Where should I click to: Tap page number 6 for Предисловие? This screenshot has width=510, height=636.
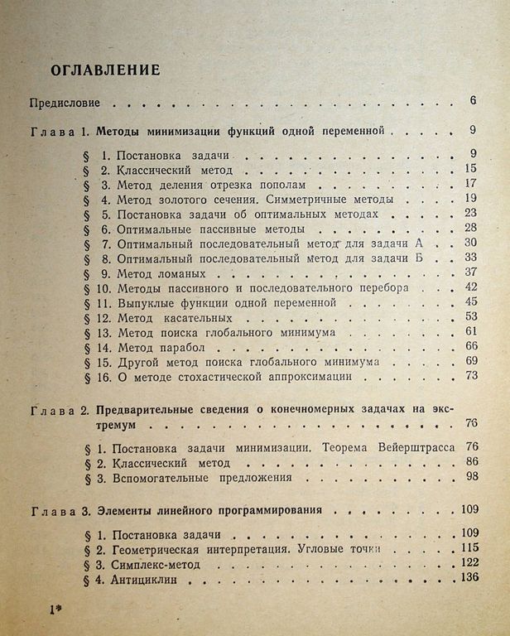click(x=471, y=102)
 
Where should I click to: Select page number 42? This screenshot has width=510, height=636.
click(x=471, y=286)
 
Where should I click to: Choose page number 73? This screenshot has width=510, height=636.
click(x=473, y=375)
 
